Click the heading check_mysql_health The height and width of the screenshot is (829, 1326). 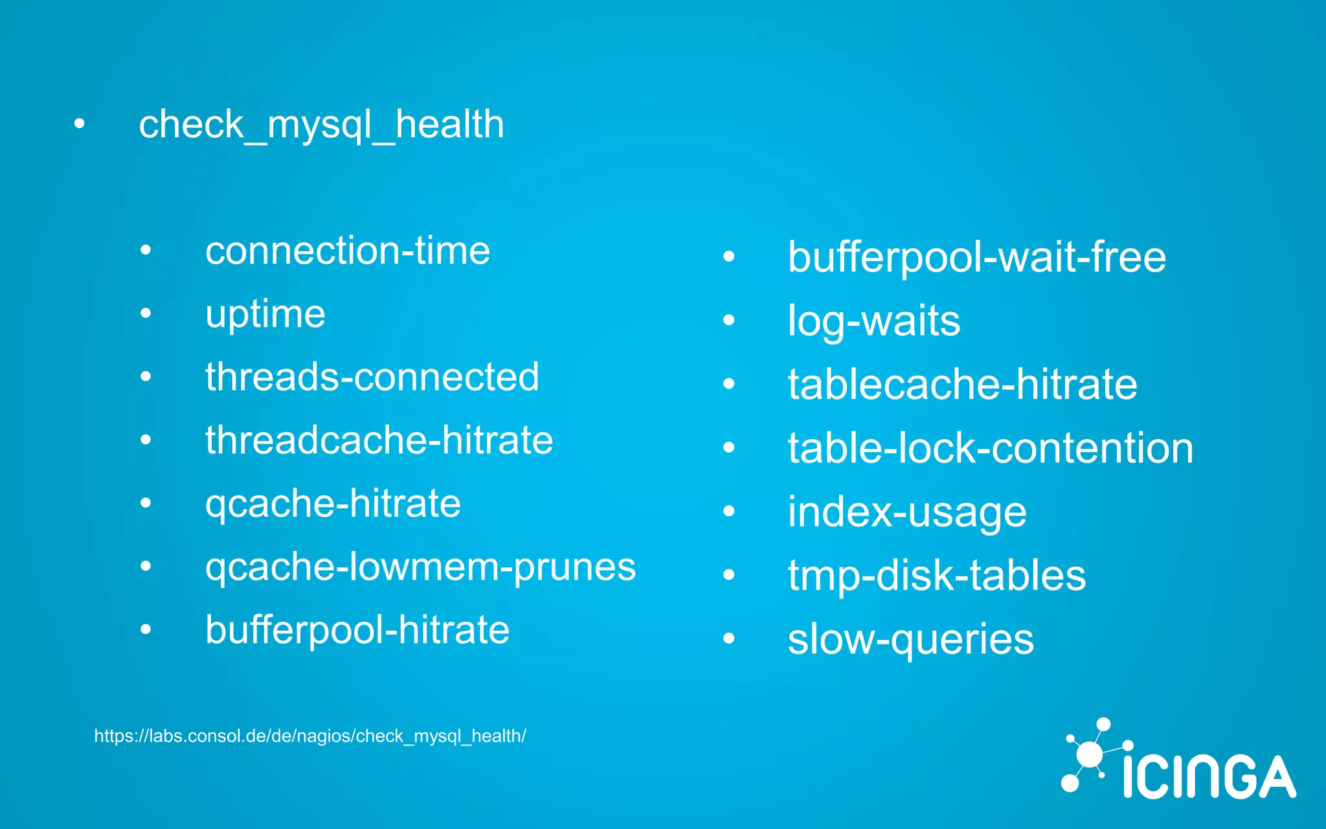[x=321, y=124]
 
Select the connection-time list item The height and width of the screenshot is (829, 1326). [x=348, y=251]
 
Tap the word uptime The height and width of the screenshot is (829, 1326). [x=265, y=315]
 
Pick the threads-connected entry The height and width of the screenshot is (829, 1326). [x=372, y=377]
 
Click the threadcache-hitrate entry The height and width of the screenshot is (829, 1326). [x=379, y=440]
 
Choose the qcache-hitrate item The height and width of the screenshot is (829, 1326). [x=333, y=505]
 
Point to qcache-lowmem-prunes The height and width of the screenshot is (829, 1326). [x=421, y=568]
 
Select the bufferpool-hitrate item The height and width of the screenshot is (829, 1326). [x=357, y=630]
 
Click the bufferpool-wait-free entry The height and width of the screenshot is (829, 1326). [x=977, y=258]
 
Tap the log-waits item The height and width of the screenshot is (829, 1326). [x=874, y=321]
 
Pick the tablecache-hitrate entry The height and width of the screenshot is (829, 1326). [x=963, y=385]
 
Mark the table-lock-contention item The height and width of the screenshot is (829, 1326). [x=991, y=448]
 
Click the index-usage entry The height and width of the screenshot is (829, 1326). [x=907, y=512]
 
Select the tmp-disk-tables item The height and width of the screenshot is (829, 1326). [x=937, y=576]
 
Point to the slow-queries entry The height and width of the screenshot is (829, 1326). [x=911, y=640]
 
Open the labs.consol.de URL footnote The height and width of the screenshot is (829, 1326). [x=310, y=736]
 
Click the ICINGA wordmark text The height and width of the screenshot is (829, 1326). [x=1209, y=777]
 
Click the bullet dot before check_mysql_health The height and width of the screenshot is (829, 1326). [x=79, y=124]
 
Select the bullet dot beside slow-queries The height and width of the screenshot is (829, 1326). [x=729, y=638]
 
